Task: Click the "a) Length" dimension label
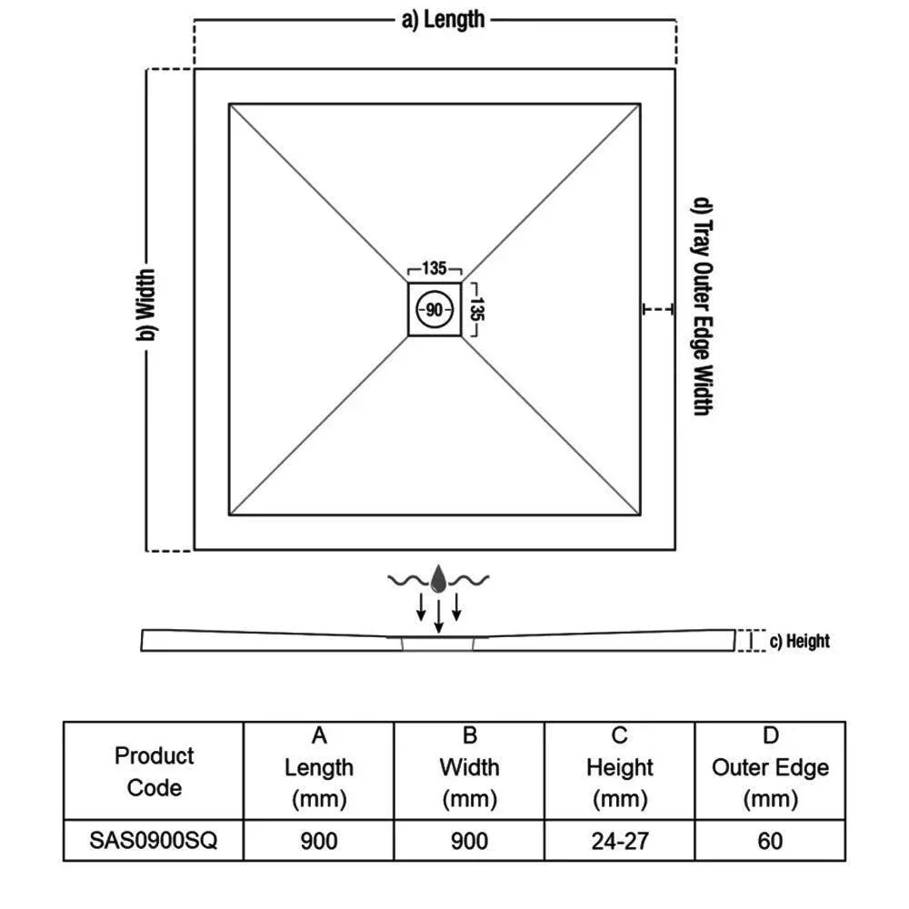tap(443, 20)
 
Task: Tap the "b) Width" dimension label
tap(146, 305)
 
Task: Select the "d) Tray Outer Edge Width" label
tap(704, 306)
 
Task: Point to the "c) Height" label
tap(799, 641)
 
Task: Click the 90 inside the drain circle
tap(435, 310)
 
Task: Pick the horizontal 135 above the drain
tap(435, 268)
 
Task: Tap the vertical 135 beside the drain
tap(476, 309)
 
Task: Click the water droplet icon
tap(439, 578)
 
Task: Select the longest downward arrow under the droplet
tap(439, 616)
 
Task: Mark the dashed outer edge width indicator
tap(658, 309)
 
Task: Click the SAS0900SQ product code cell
tap(154, 840)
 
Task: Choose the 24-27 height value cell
tap(620, 840)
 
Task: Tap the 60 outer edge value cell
tap(770, 840)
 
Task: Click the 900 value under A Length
tap(319, 840)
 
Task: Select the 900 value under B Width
tap(470, 840)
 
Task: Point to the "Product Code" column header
tap(155, 772)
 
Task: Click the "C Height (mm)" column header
tap(620, 767)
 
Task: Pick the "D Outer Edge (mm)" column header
tap(771, 767)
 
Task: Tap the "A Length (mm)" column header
tap(319, 767)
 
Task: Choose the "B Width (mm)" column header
tap(470, 767)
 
